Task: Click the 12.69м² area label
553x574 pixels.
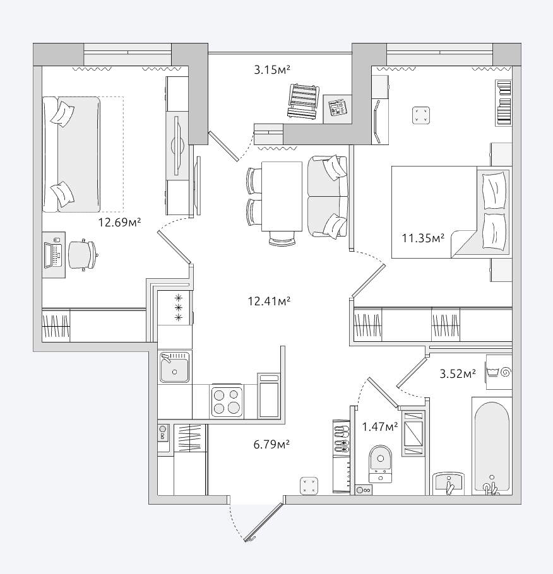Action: (x=119, y=222)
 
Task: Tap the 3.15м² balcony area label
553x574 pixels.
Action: (x=272, y=69)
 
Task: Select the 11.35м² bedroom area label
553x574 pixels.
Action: (x=423, y=238)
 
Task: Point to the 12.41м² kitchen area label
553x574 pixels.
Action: (x=269, y=302)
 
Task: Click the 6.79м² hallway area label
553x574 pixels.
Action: (x=271, y=445)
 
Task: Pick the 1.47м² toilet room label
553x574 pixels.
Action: (x=380, y=427)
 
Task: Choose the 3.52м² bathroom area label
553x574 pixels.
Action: (x=458, y=374)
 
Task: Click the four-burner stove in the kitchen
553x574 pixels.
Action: (x=227, y=401)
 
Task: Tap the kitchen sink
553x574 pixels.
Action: (x=174, y=367)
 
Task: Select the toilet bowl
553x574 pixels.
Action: (x=381, y=463)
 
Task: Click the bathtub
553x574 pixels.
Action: (x=492, y=446)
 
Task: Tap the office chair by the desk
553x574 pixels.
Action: (x=83, y=255)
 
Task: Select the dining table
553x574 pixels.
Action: (x=282, y=197)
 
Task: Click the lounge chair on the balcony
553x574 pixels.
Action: (x=303, y=101)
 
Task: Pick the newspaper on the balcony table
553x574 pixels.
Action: (x=337, y=107)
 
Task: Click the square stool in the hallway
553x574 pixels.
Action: (x=309, y=486)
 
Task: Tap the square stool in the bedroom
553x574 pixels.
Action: (x=420, y=115)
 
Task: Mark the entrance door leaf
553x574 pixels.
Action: (x=264, y=522)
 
